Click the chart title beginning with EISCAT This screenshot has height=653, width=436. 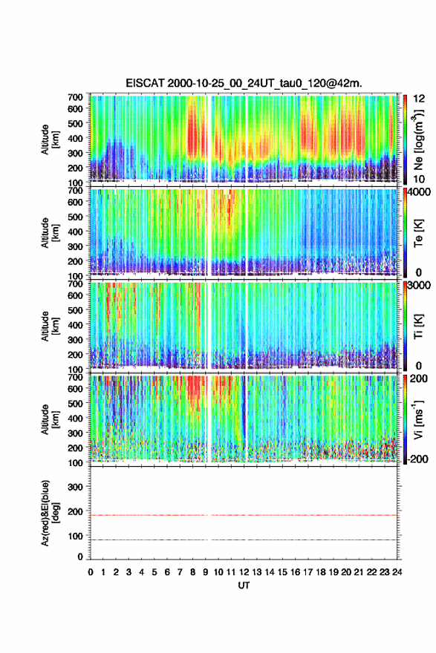244,83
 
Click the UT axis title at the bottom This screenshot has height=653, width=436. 244,585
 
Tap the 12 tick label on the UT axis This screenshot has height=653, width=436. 244,572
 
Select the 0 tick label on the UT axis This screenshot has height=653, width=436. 91,572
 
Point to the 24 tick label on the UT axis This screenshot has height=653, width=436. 397,572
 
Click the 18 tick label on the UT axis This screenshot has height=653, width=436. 321,572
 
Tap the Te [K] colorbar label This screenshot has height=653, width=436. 418,233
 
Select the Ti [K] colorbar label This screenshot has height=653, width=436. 418,326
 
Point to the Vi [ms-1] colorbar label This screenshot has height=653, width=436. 418,419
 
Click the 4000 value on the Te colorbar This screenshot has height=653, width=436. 417,193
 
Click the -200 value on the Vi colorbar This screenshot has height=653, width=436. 416,459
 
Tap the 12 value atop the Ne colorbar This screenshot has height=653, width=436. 419,99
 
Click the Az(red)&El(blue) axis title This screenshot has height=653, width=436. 50,513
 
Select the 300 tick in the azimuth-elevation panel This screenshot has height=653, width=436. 76,487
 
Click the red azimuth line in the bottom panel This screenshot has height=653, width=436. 244,515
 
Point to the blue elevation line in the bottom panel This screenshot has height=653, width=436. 244,539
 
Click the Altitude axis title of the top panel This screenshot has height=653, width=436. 50,140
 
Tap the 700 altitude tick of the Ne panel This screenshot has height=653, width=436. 76,97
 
